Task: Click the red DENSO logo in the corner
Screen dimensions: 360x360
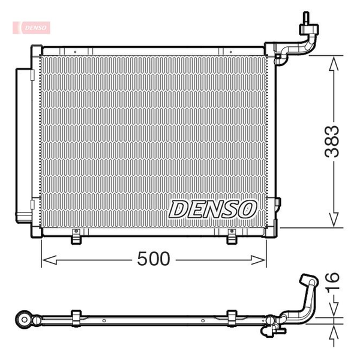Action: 31,28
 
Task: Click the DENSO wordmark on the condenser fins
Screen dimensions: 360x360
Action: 212,209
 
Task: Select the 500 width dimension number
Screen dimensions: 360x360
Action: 154,259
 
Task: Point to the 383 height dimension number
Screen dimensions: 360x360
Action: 332,142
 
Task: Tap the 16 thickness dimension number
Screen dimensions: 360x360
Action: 332,283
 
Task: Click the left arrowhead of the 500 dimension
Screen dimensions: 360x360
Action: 50,260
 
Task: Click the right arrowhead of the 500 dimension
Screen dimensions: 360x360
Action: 258,260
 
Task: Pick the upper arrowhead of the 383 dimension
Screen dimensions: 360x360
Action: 334,64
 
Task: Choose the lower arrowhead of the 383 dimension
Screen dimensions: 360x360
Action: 334,220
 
